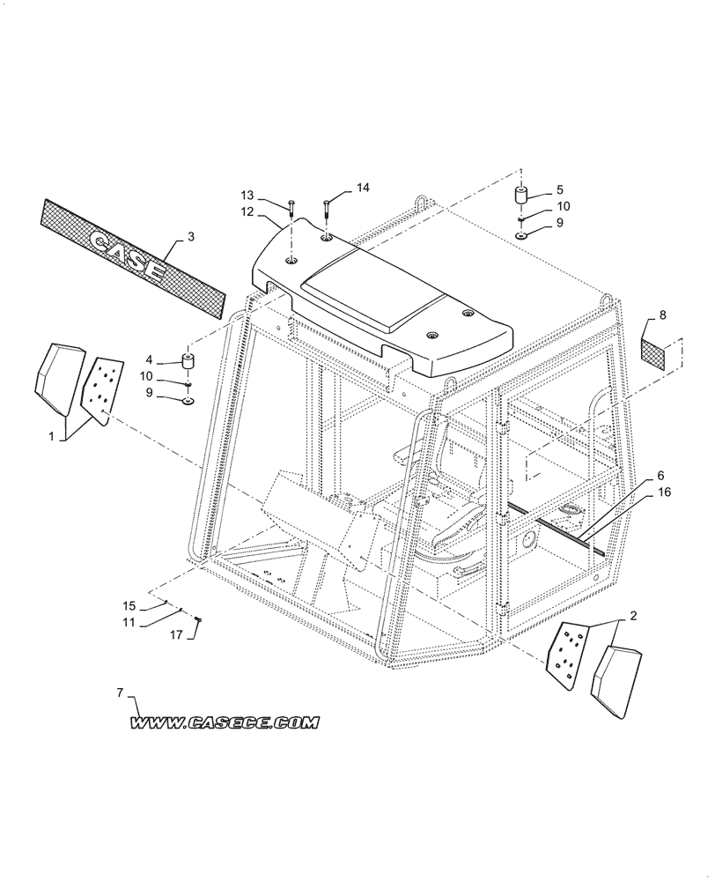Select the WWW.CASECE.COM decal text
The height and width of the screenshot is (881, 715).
(225, 723)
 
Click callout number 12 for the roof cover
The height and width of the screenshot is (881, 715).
(247, 211)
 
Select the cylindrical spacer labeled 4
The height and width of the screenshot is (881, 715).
(188, 362)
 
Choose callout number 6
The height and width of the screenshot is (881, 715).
(660, 476)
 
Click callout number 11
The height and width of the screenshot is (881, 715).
(129, 622)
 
